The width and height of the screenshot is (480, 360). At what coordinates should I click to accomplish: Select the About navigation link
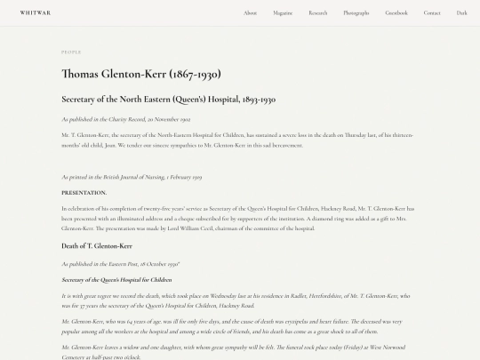251,12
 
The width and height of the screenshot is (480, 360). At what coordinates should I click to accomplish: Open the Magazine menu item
283,12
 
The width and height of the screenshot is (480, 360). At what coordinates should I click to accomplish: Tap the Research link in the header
318,12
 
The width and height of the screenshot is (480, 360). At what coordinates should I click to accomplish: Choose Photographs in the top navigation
356,12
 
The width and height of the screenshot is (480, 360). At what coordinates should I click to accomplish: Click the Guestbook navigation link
396,12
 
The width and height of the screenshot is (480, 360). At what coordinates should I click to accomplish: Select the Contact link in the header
432,12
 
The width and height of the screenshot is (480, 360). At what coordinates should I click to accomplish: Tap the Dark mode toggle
462,12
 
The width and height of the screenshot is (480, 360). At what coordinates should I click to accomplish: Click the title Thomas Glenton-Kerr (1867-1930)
141,74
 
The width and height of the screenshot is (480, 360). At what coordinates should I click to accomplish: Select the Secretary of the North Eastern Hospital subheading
168,100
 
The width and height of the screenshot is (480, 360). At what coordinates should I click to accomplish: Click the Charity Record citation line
125,118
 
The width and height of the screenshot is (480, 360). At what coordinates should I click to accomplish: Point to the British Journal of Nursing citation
132,177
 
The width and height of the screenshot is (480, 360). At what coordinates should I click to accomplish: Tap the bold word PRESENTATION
84,192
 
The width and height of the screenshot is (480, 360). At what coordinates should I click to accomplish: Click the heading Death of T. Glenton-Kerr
97,245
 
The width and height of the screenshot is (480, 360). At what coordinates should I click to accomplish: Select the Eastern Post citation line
121,264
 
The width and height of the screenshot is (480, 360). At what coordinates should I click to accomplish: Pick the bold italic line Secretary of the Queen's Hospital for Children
116,279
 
